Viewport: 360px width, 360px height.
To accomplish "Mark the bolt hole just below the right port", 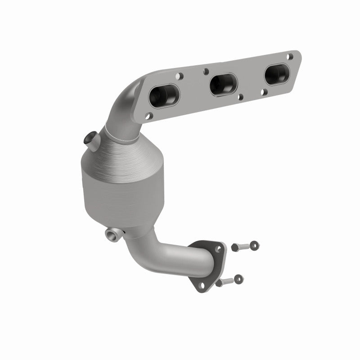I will (265, 91).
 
